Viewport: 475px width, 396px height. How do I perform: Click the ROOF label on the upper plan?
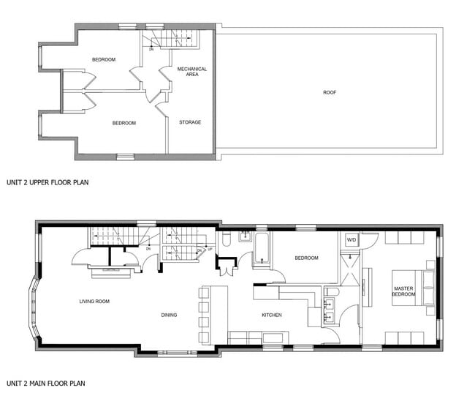[330, 92]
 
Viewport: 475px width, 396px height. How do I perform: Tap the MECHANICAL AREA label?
[192, 72]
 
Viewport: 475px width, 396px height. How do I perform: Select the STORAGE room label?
[190, 122]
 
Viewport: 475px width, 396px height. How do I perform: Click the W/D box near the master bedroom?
[351, 239]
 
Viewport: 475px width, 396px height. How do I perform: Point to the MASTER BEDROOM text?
[403, 291]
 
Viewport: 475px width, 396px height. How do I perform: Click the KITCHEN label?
[272, 315]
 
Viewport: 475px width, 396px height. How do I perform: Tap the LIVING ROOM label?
[94, 301]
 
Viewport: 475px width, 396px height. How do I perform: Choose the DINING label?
[170, 315]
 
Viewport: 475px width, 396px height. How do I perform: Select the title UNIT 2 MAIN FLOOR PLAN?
[45, 383]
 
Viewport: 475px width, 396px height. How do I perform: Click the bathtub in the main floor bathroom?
[261, 249]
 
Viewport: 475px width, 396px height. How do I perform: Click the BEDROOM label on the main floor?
[306, 258]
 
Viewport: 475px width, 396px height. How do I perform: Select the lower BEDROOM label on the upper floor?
[123, 123]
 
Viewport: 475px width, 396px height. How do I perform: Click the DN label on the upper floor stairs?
[151, 49]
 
